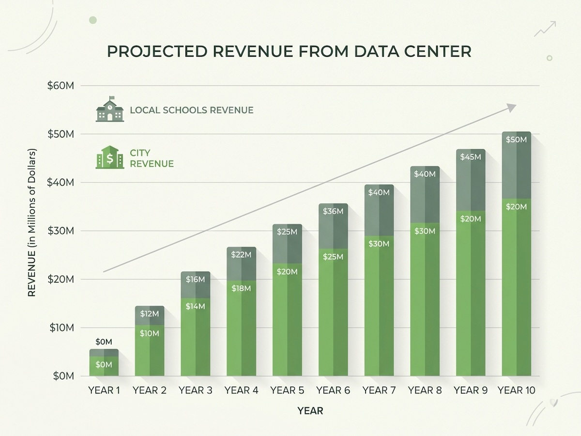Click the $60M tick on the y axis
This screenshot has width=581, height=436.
point(61,86)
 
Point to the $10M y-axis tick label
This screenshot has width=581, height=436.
point(62,328)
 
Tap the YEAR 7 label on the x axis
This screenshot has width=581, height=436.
point(379,390)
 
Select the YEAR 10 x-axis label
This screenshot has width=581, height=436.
point(517,390)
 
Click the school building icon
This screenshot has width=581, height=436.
point(110,109)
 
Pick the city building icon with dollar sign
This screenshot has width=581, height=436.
point(110,157)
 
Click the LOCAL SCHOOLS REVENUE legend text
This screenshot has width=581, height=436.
point(192,110)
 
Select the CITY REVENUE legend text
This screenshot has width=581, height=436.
point(152,158)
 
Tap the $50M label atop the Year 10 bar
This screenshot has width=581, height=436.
point(517,140)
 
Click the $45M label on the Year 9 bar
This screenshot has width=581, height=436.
point(471,157)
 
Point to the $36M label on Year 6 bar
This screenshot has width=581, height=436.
point(333,211)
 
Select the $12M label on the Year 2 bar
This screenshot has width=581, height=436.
point(150,314)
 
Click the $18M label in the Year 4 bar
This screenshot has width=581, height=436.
point(241,288)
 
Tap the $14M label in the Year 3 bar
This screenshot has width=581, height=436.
point(195,306)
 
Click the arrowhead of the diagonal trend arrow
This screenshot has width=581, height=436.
point(512,107)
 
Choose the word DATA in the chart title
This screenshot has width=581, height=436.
point(376,51)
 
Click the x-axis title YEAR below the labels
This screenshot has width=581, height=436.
point(310,411)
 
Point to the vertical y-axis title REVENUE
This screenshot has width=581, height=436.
point(31,274)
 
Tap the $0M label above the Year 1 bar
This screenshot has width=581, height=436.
point(104,342)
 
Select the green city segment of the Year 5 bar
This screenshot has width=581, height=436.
point(287,320)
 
